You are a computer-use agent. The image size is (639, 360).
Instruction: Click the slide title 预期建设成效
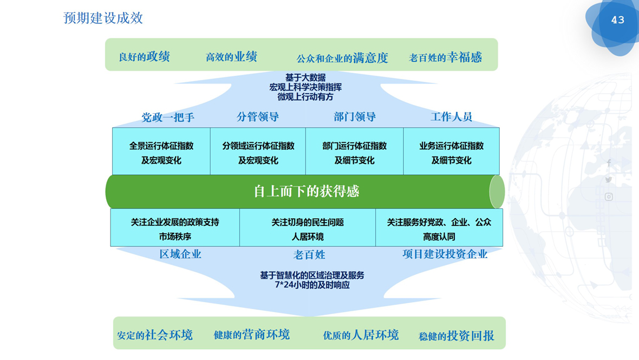coord(103,18)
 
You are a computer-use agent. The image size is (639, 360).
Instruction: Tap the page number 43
coord(617,20)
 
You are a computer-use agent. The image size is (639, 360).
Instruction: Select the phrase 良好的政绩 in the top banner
coord(144,57)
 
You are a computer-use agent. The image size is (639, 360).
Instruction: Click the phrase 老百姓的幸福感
coord(445,57)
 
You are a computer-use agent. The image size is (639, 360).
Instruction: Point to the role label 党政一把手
coord(168,117)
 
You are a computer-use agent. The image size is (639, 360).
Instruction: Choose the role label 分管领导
coord(258,116)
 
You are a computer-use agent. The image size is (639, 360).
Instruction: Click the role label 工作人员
coord(451,116)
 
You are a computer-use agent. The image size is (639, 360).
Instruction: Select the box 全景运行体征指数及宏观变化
coord(161,153)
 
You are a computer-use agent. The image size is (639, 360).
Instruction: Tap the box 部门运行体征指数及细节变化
coord(354,153)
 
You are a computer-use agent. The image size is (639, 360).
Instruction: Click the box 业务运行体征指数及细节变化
coord(451,153)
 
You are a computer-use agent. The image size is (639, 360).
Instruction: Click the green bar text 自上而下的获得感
coord(307,191)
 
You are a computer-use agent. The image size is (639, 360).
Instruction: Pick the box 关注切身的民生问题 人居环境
coord(308,229)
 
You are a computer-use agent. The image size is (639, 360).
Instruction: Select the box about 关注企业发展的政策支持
coord(175,229)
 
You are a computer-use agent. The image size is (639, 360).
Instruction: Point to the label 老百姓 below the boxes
coord(309,254)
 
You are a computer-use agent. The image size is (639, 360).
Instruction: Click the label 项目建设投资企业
coord(445,254)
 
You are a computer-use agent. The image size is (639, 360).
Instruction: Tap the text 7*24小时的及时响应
coord(312,285)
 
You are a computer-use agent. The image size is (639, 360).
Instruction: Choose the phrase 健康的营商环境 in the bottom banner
coord(251,335)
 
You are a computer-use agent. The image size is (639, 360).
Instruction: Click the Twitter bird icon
coord(609,180)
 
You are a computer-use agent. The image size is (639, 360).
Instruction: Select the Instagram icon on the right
coord(609,197)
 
